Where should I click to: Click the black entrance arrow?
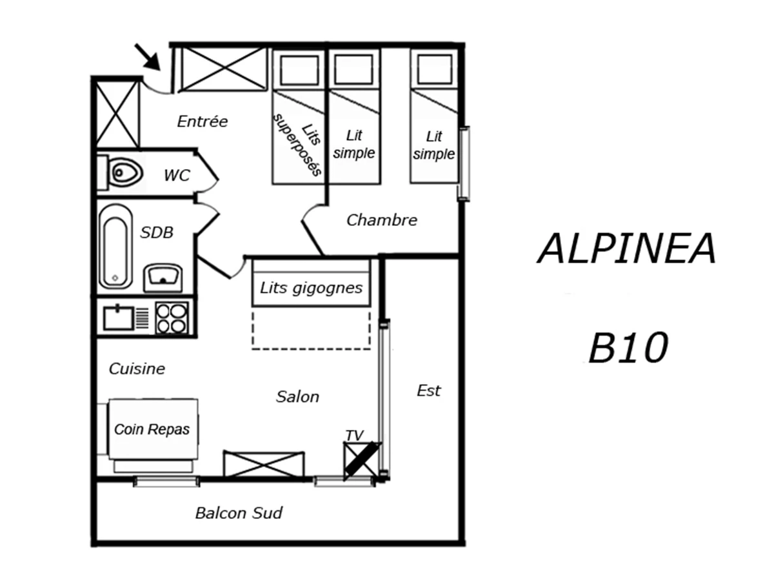click(148, 57)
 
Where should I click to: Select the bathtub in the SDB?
click(115, 246)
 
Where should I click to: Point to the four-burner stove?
click(172, 318)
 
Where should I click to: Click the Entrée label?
click(203, 121)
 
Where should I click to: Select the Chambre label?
click(382, 220)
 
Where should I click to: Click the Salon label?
click(297, 396)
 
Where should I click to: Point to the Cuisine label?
click(137, 369)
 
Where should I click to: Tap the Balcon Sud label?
click(239, 513)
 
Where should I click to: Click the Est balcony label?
click(429, 391)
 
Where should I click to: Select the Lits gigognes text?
click(311, 288)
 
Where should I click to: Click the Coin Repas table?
click(152, 429)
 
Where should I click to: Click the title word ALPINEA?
click(627, 249)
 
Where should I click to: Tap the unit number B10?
click(627, 349)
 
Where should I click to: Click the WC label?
click(177, 175)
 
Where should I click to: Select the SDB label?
click(157, 233)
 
